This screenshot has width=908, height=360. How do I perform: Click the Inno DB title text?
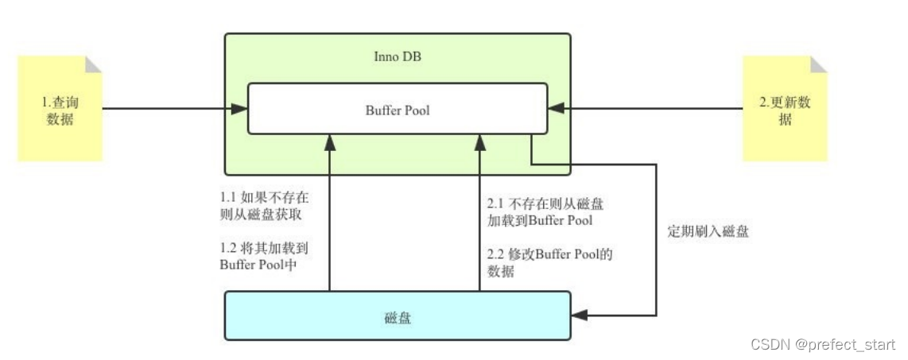click(x=397, y=57)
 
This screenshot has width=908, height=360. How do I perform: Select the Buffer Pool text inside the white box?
click(x=397, y=110)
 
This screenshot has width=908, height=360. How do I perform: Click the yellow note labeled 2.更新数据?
click(x=785, y=111)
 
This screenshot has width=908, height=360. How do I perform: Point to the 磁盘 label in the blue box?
click(x=397, y=317)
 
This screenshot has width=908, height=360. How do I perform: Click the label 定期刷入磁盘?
click(x=708, y=233)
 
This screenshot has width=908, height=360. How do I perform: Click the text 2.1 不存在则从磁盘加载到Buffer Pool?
click(x=550, y=212)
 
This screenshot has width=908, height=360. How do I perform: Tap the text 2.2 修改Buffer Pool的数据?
click(x=550, y=263)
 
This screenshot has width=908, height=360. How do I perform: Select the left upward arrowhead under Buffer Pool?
click(x=328, y=142)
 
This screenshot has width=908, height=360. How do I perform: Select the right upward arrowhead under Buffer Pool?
click(x=479, y=142)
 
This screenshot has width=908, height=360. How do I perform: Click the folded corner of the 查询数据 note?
click(x=94, y=64)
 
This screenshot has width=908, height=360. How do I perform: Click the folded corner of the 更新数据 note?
click(x=819, y=64)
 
